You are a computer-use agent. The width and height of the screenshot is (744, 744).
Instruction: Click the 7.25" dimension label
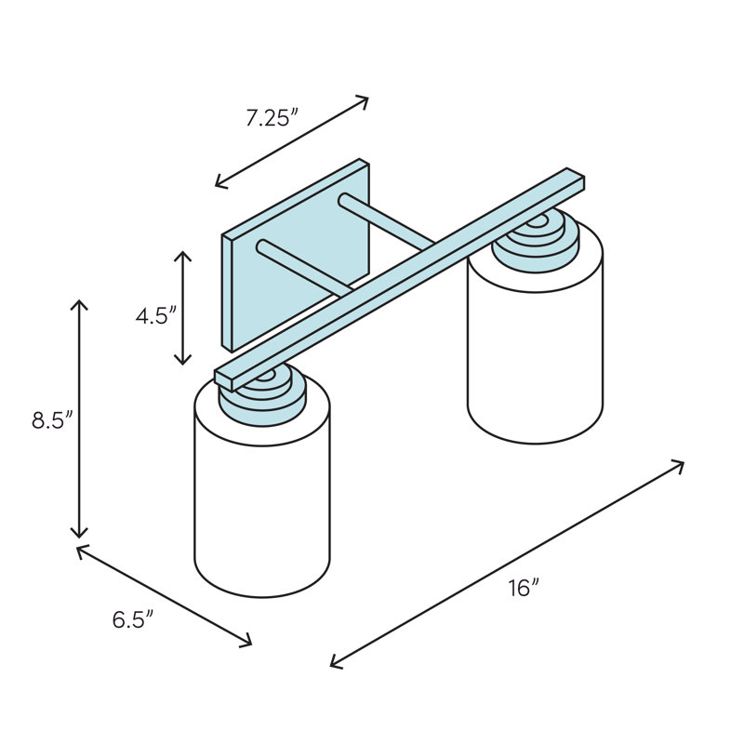click(x=272, y=118)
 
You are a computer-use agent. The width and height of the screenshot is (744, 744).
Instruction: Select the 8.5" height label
click(x=52, y=420)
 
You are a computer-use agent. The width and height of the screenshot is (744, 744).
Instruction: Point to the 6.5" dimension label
click(x=133, y=619)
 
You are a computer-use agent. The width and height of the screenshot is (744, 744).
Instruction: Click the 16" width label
click(x=525, y=589)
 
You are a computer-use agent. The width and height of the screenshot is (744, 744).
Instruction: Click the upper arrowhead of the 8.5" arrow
click(x=79, y=305)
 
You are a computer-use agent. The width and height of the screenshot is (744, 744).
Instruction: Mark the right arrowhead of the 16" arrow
click(x=678, y=466)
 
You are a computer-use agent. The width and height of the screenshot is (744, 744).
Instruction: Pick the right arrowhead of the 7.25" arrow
click(x=363, y=101)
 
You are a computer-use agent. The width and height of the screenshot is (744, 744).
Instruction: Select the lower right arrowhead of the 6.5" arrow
click(x=246, y=642)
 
